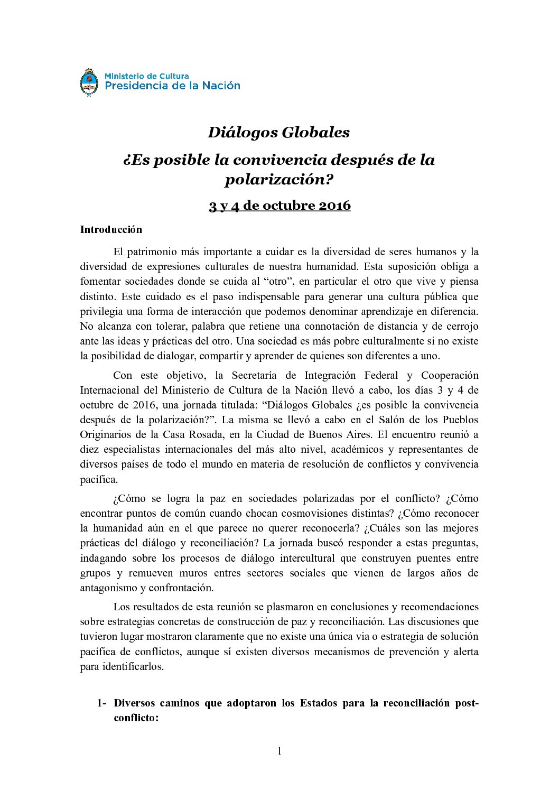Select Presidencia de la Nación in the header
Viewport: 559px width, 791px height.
point(172,86)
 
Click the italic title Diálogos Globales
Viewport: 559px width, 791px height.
point(278,132)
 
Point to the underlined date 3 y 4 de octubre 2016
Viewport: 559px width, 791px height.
point(279,205)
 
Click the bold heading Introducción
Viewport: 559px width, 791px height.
point(111,229)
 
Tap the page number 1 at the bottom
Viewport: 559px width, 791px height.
point(279,751)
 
